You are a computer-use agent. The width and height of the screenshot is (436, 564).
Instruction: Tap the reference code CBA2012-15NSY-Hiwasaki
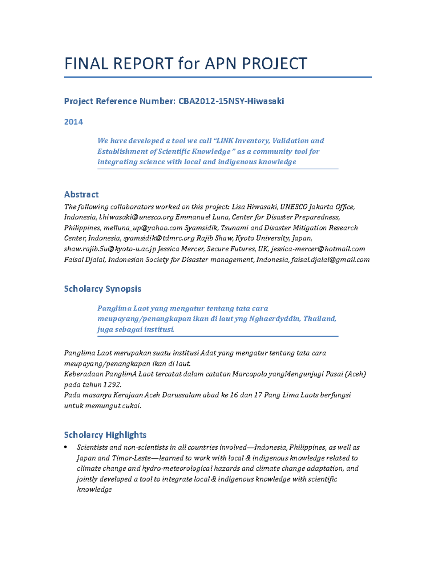(231, 101)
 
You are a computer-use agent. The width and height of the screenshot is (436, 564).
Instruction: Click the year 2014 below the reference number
(73, 122)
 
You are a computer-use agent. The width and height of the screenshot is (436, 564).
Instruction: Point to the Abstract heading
(81, 194)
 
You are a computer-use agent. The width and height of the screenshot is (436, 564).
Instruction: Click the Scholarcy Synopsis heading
(102, 289)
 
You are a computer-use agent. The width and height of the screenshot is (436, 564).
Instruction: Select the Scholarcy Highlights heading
(105, 435)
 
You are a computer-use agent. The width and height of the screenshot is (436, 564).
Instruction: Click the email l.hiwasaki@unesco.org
(136, 218)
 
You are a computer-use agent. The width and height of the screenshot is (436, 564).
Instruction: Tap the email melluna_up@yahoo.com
(143, 228)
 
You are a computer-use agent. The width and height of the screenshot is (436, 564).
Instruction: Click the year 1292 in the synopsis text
(112, 385)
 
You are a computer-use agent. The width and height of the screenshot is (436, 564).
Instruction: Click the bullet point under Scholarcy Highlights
(66, 447)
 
